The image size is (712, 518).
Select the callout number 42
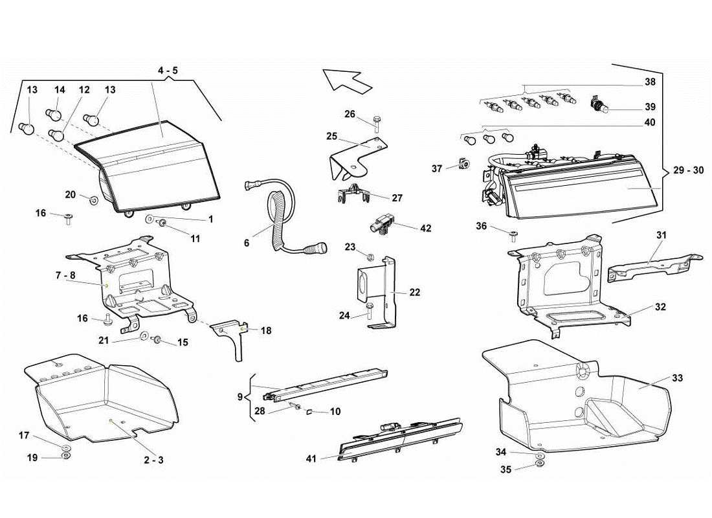click(x=425, y=229)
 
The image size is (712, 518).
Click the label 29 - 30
click(x=687, y=170)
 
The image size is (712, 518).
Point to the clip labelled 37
click(x=464, y=165)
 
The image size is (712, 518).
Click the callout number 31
click(x=661, y=235)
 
